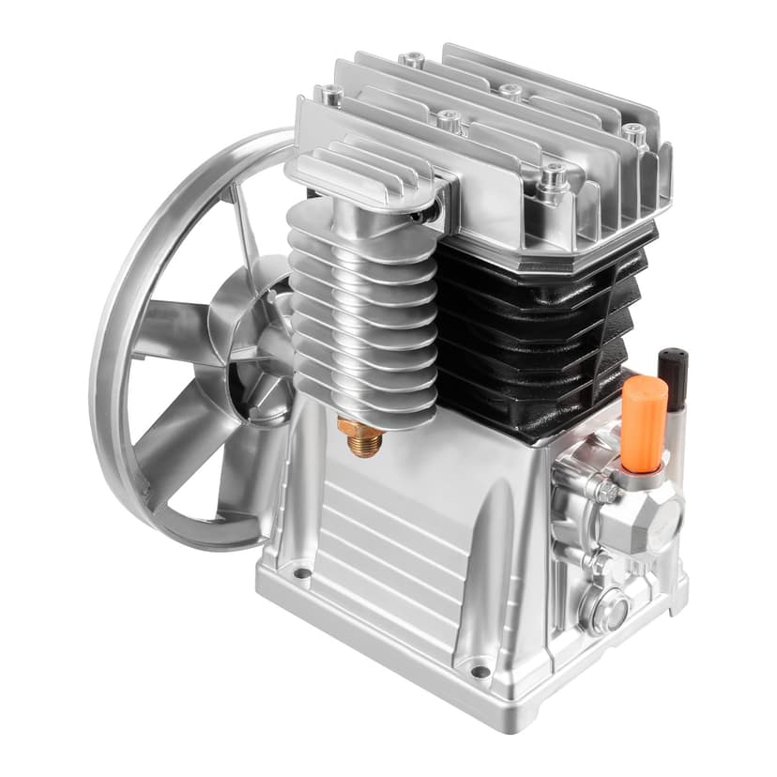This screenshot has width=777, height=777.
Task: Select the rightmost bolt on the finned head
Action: click(x=635, y=134)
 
